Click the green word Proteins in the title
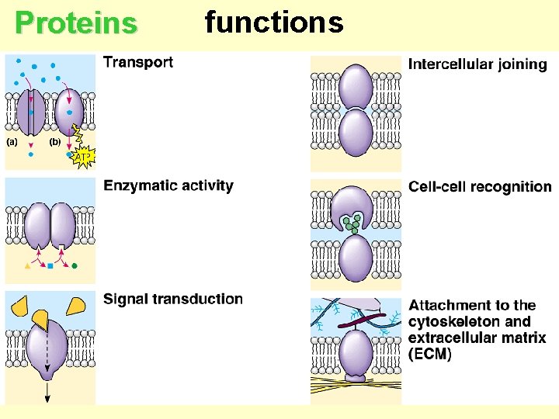[x=76, y=24]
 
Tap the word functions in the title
[x=273, y=23]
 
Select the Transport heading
[x=138, y=62]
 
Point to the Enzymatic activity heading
[x=168, y=185]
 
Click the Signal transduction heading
[x=172, y=299]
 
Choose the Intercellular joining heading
[x=477, y=64]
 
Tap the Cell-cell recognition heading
[x=480, y=187]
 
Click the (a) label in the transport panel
[x=13, y=142]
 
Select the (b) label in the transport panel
[x=55, y=142]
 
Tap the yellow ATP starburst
[x=84, y=157]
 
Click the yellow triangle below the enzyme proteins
[x=28, y=266]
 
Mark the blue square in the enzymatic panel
[x=50, y=266]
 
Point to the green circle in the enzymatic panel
[x=75, y=266]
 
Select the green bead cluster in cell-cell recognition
[x=354, y=223]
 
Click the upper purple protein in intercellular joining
[x=356, y=85]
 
